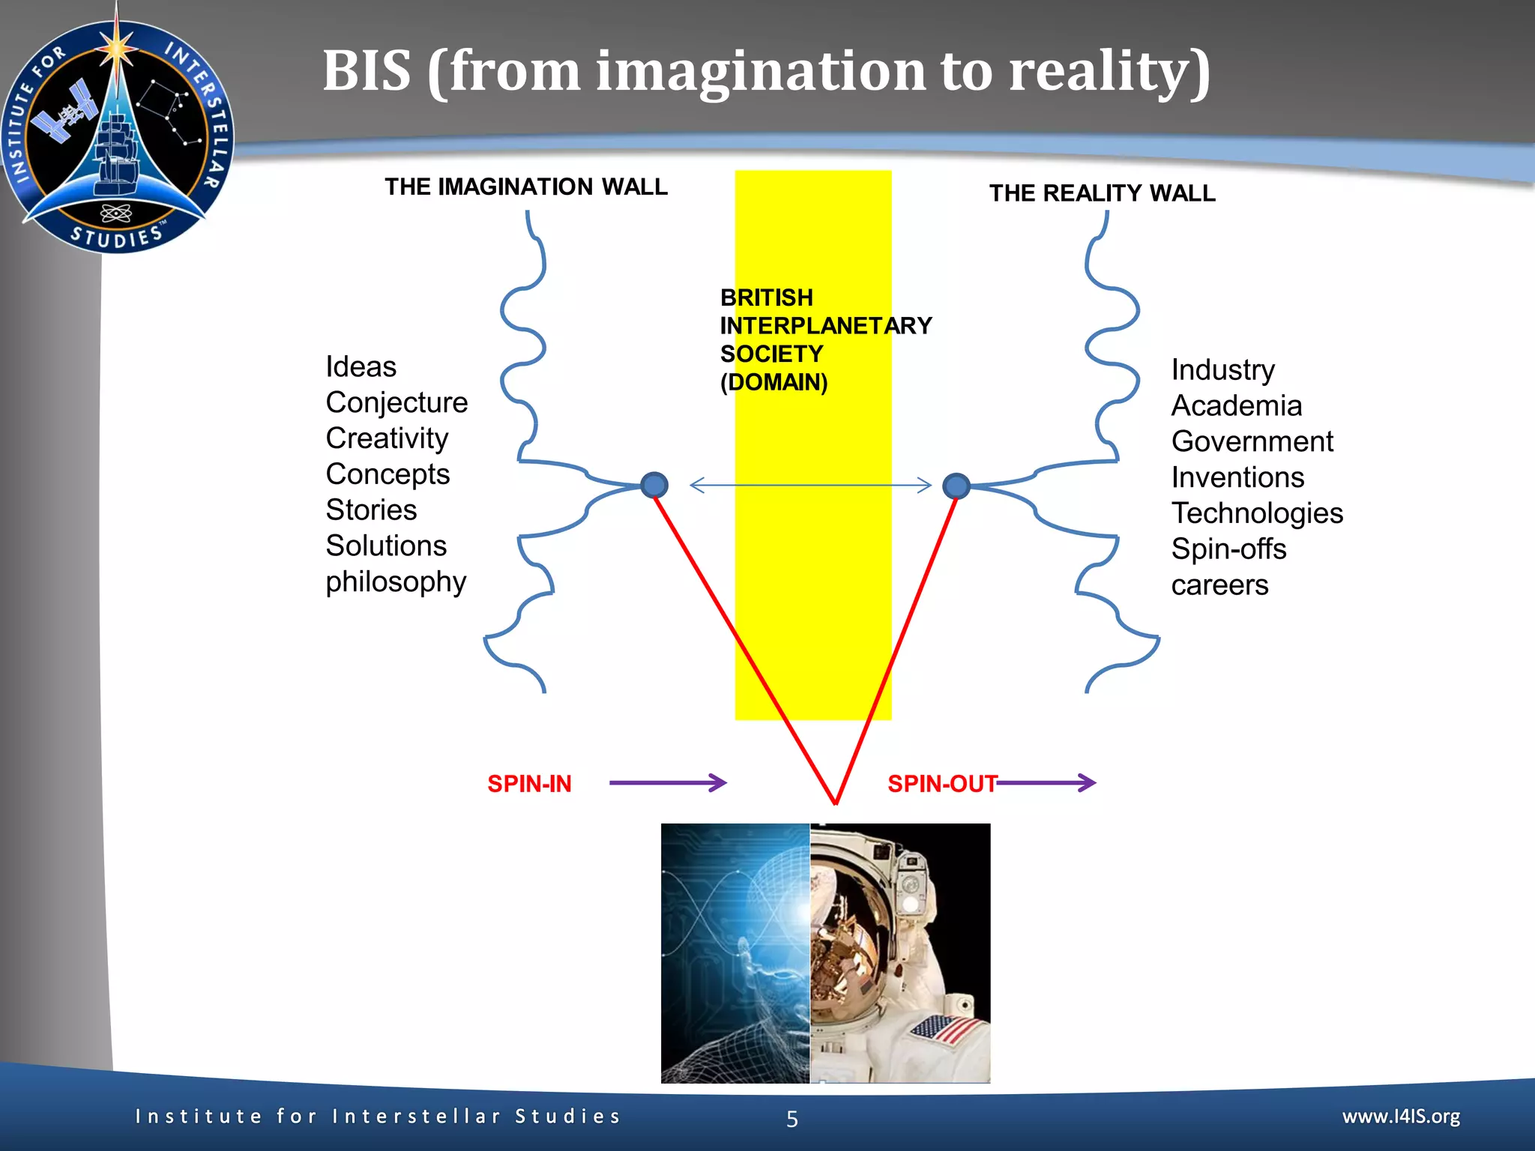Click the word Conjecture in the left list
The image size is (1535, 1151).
pyautogui.click(x=396, y=403)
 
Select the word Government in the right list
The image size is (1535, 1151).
pyautogui.click(x=1252, y=441)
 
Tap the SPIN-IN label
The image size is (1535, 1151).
pyautogui.click(x=529, y=784)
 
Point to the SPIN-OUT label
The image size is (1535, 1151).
pyautogui.click(x=942, y=784)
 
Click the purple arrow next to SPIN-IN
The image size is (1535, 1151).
pyautogui.click(x=667, y=783)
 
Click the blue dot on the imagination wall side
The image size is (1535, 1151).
pyautogui.click(x=654, y=485)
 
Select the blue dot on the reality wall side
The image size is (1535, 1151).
pyautogui.click(x=956, y=486)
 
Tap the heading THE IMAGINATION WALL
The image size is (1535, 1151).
pyautogui.click(x=525, y=187)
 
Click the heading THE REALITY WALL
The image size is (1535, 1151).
pyautogui.click(x=1102, y=193)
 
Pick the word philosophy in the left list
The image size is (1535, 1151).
pyautogui.click(x=396, y=582)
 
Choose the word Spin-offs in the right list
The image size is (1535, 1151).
pyautogui.click(x=1228, y=549)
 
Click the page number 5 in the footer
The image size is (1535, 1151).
pyautogui.click(x=792, y=1119)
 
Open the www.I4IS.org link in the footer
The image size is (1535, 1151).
pyautogui.click(x=1401, y=1117)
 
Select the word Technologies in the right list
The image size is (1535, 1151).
pyautogui.click(x=1257, y=513)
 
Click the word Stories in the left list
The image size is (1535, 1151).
pyautogui.click(x=371, y=510)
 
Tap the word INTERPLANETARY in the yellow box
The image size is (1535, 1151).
pyautogui.click(x=825, y=326)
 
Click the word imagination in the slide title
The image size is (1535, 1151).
pyautogui.click(x=760, y=71)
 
